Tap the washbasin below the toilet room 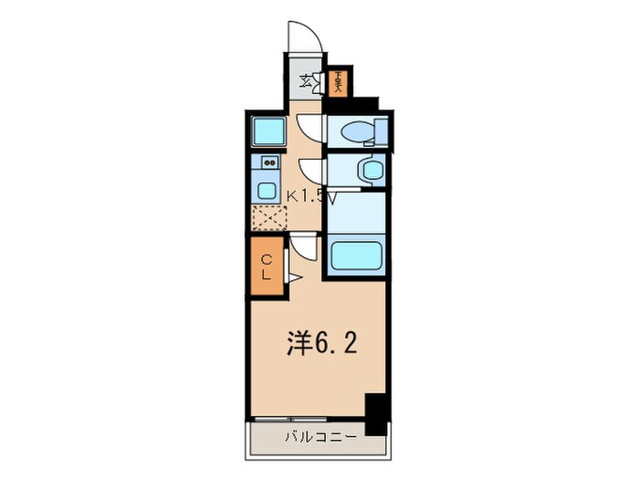tap(370, 170)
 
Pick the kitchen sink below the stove tap(267, 191)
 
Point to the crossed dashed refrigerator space tap(268, 219)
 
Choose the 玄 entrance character tap(306, 80)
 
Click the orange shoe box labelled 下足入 tap(339, 82)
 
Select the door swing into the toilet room tap(309, 127)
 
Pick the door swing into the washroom tap(310, 171)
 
